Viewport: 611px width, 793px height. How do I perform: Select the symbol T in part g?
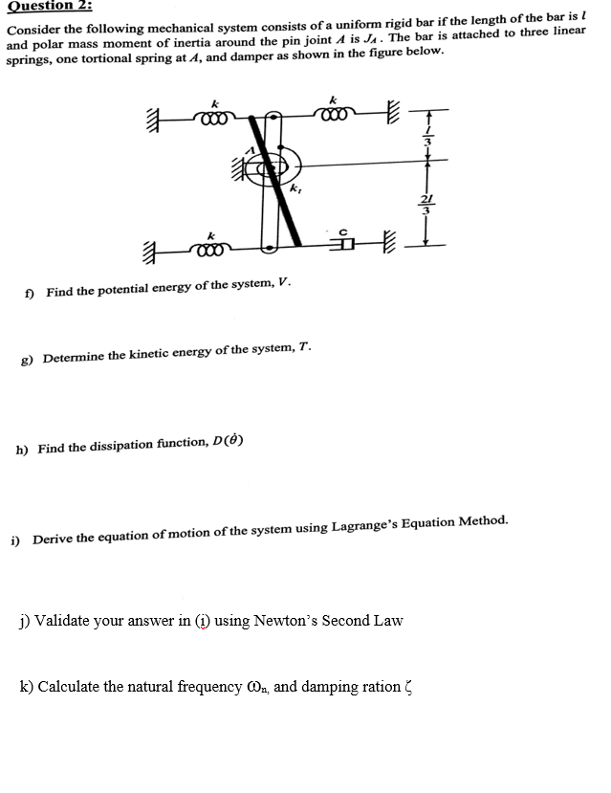click(x=305, y=354)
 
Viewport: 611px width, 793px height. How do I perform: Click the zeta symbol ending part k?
click(x=407, y=688)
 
